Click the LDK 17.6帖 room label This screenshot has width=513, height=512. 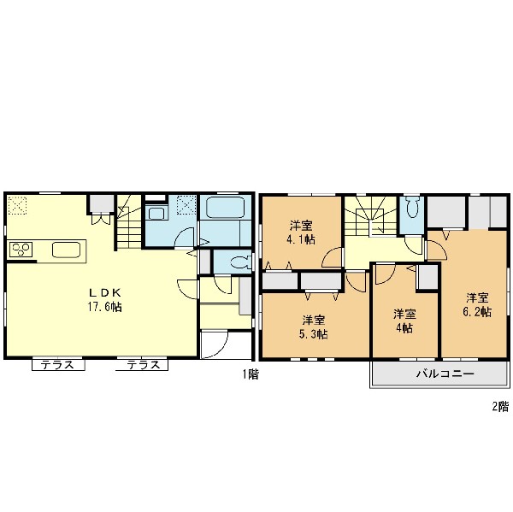[104, 299]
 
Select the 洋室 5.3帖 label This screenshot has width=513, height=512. [314, 327]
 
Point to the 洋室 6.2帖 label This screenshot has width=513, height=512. [477, 304]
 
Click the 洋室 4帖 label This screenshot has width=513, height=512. [404, 321]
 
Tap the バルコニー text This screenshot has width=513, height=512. [445, 374]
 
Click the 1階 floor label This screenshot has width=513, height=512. [251, 374]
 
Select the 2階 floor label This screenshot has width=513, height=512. [501, 406]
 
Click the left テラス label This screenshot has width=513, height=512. [58, 365]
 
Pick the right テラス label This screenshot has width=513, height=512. [144, 365]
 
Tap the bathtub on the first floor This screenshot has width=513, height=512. [226, 207]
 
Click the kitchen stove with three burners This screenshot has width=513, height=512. [21, 250]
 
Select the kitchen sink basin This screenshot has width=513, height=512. [67, 250]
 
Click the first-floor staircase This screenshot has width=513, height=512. [129, 221]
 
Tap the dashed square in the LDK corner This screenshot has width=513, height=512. [17, 205]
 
